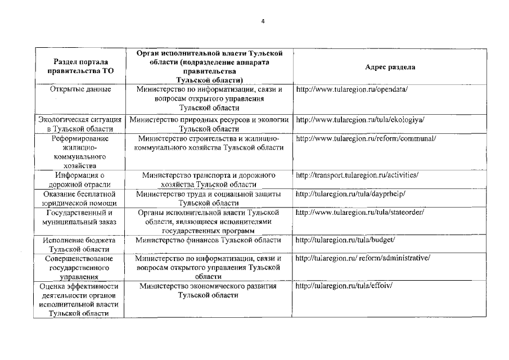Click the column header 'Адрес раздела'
point(390,66)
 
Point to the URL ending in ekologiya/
point(360,120)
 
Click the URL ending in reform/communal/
point(366,138)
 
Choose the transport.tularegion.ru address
point(357,175)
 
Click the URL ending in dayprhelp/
point(350,194)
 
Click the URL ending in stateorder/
point(360,213)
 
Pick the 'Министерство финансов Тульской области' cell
point(208,240)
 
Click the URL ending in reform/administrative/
point(363,258)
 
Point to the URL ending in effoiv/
point(344,286)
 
